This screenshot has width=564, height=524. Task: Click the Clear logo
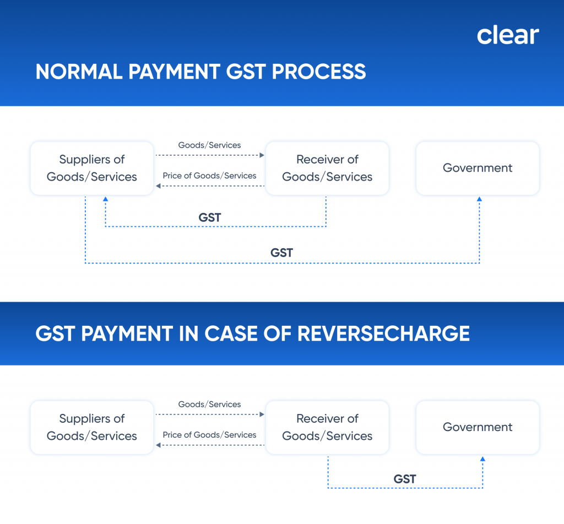point(507,35)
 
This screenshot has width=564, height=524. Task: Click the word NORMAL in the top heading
point(76,72)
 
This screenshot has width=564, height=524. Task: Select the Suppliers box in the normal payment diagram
point(91,168)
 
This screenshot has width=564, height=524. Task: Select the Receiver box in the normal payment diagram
point(327,168)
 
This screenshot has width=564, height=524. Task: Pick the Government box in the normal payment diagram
point(478,168)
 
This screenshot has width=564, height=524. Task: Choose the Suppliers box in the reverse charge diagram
point(91,427)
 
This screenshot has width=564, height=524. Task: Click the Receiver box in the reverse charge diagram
point(327,427)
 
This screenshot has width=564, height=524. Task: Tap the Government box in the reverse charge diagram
point(478,427)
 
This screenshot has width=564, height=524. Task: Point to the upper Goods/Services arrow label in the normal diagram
point(209,145)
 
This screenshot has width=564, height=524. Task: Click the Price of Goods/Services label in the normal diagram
point(209,176)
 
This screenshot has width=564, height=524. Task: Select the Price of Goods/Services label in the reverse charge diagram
point(209,435)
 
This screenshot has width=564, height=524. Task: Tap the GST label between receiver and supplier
point(210,218)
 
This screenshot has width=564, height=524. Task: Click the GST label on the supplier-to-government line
point(281,253)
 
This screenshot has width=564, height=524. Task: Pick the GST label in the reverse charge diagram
point(405,479)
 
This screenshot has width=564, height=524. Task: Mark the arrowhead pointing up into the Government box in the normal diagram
point(479,199)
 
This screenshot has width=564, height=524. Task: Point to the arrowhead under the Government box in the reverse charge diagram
point(483,459)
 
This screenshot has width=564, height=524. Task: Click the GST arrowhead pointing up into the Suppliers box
point(105,199)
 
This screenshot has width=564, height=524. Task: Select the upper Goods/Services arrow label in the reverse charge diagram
point(209,405)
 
